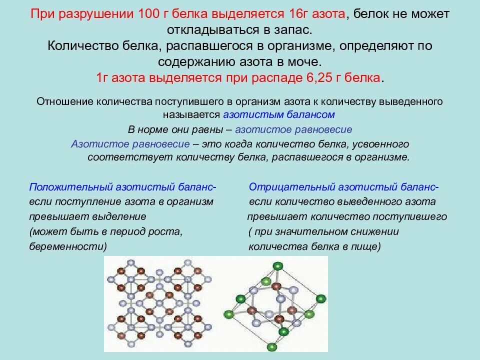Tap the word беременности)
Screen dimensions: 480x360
(68, 246)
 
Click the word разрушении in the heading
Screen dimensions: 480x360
(93, 14)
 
